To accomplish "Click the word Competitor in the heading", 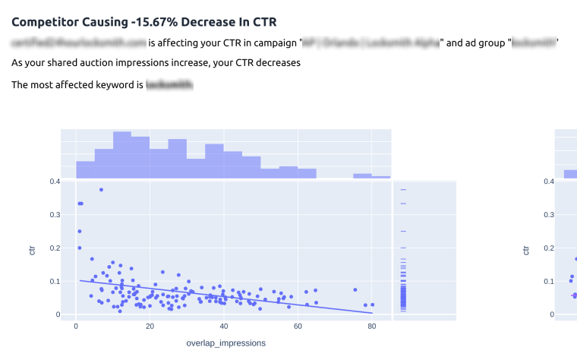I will (40, 22).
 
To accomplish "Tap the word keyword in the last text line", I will (124, 84).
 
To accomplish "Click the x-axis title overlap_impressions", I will (226, 343).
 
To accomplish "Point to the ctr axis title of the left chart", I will (32, 248).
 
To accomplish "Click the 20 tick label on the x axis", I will (150, 326).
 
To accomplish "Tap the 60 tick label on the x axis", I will (298, 326).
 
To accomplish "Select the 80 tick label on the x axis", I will (371, 326).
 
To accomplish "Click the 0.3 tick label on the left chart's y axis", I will (55, 215).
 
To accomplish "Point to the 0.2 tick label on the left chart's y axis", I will (55, 248).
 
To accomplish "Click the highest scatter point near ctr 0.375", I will (101, 190).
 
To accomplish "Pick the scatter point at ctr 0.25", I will (79, 232).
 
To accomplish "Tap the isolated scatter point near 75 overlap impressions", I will (355, 289).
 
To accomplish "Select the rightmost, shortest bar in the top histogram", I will (381, 178).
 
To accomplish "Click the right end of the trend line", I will (372, 313).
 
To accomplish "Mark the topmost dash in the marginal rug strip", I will (403, 190).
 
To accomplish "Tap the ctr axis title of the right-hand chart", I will (525, 248).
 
